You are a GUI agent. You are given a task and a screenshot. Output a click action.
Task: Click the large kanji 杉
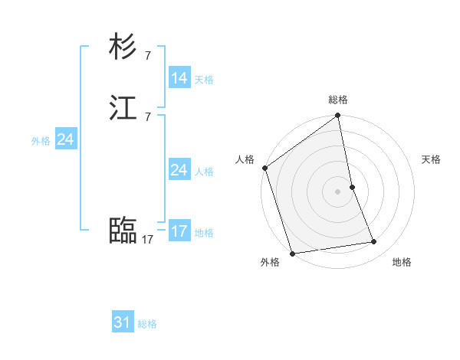coord(123,47)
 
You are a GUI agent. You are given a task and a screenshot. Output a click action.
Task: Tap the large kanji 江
coord(123,110)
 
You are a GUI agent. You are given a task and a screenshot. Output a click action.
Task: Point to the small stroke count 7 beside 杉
coord(147,55)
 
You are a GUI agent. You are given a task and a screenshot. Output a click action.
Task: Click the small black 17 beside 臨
coord(147,240)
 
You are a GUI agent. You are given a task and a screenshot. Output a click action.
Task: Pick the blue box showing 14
coord(179,78)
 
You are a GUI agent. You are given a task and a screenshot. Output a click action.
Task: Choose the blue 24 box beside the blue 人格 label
coord(179,170)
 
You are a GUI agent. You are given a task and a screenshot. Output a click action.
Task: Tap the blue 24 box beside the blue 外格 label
coord(65,139)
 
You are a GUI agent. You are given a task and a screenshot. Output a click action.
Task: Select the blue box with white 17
coord(179,231)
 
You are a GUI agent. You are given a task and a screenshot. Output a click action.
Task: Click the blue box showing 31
coord(123,322)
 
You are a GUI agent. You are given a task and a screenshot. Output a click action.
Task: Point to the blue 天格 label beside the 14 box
coord(204,80)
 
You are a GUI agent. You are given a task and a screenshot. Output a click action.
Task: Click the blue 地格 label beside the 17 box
coord(204,233)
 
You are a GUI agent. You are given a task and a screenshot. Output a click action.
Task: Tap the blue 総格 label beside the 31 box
coord(147,324)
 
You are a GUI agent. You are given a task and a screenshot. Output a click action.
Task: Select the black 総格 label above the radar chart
coord(338,100)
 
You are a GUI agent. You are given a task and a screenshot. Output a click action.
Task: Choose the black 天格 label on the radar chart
coord(431,159)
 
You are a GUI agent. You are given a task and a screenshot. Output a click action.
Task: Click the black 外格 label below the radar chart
coord(270,262)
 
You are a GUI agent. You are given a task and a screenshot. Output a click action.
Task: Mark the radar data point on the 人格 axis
coord(265,168)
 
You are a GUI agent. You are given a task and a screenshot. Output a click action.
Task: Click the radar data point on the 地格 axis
coord(374,242)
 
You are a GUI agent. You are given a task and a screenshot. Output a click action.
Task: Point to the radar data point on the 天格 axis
coord(352,187)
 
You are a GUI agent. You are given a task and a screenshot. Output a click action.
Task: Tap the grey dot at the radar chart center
coord(338,191)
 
